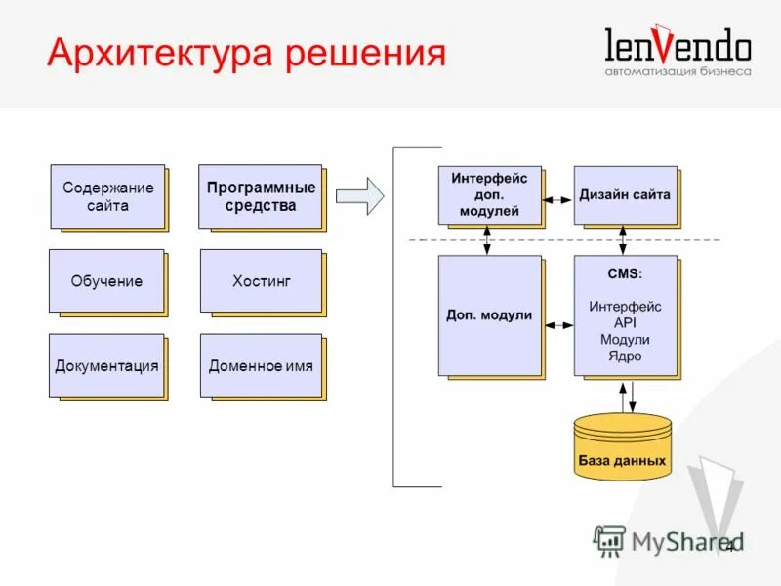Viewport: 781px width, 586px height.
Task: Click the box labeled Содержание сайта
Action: click(107, 196)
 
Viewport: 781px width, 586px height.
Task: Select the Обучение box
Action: click(106, 281)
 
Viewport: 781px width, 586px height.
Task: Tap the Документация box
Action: click(106, 366)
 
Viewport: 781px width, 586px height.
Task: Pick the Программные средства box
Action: click(261, 196)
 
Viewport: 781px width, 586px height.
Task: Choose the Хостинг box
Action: click(261, 281)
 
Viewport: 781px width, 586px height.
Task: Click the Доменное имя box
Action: click(261, 366)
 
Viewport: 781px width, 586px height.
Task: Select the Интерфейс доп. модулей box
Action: click(489, 194)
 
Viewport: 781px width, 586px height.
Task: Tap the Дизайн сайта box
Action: click(625, 194)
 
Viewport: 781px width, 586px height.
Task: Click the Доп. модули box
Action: click(489, 315)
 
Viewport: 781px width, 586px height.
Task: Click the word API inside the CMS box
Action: click(625, 323)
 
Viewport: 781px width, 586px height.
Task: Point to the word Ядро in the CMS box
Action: click(625, 356)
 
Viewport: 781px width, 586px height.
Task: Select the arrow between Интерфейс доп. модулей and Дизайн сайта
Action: click(557, 199)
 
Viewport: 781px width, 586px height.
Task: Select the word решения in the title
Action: click(365, 52)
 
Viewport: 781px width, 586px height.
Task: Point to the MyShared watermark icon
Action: click(609, 540)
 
